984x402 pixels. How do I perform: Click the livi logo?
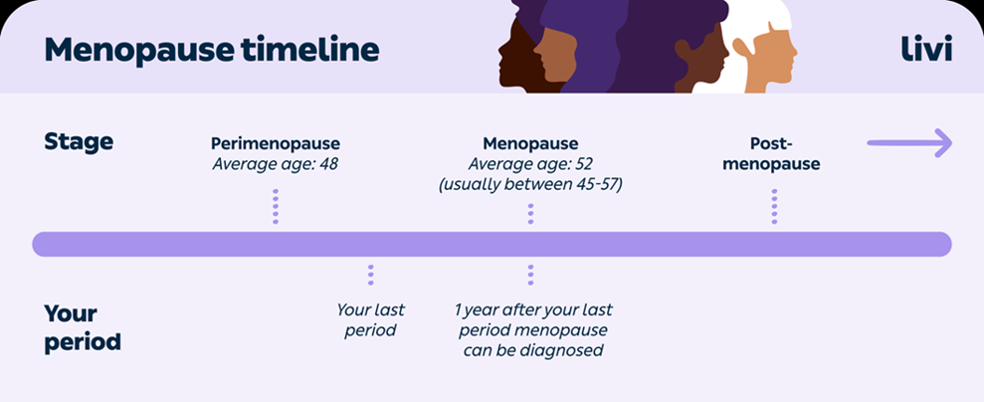pos(926,50)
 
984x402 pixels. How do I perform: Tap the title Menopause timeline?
pos(212,50)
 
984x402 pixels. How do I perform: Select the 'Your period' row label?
pos(83,327)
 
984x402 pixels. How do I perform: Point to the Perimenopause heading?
pos(276,144)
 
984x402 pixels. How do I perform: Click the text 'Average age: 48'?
pos(276,164)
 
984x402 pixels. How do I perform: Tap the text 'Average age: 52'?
pos(530,164)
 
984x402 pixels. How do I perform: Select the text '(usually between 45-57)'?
pos(530,186)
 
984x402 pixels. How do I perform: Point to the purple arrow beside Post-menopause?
pos(910,143)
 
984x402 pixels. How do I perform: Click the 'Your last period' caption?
pos(370,319)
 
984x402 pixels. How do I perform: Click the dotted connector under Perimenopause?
pos(276,206)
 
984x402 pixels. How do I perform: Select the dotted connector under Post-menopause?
pos(774,206)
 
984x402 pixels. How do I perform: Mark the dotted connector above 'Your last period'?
pos(371,275)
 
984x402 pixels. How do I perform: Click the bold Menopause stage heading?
pos(530,144)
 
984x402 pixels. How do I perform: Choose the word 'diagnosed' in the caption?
pos(567,349)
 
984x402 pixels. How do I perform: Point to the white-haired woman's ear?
pos(742,48)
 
